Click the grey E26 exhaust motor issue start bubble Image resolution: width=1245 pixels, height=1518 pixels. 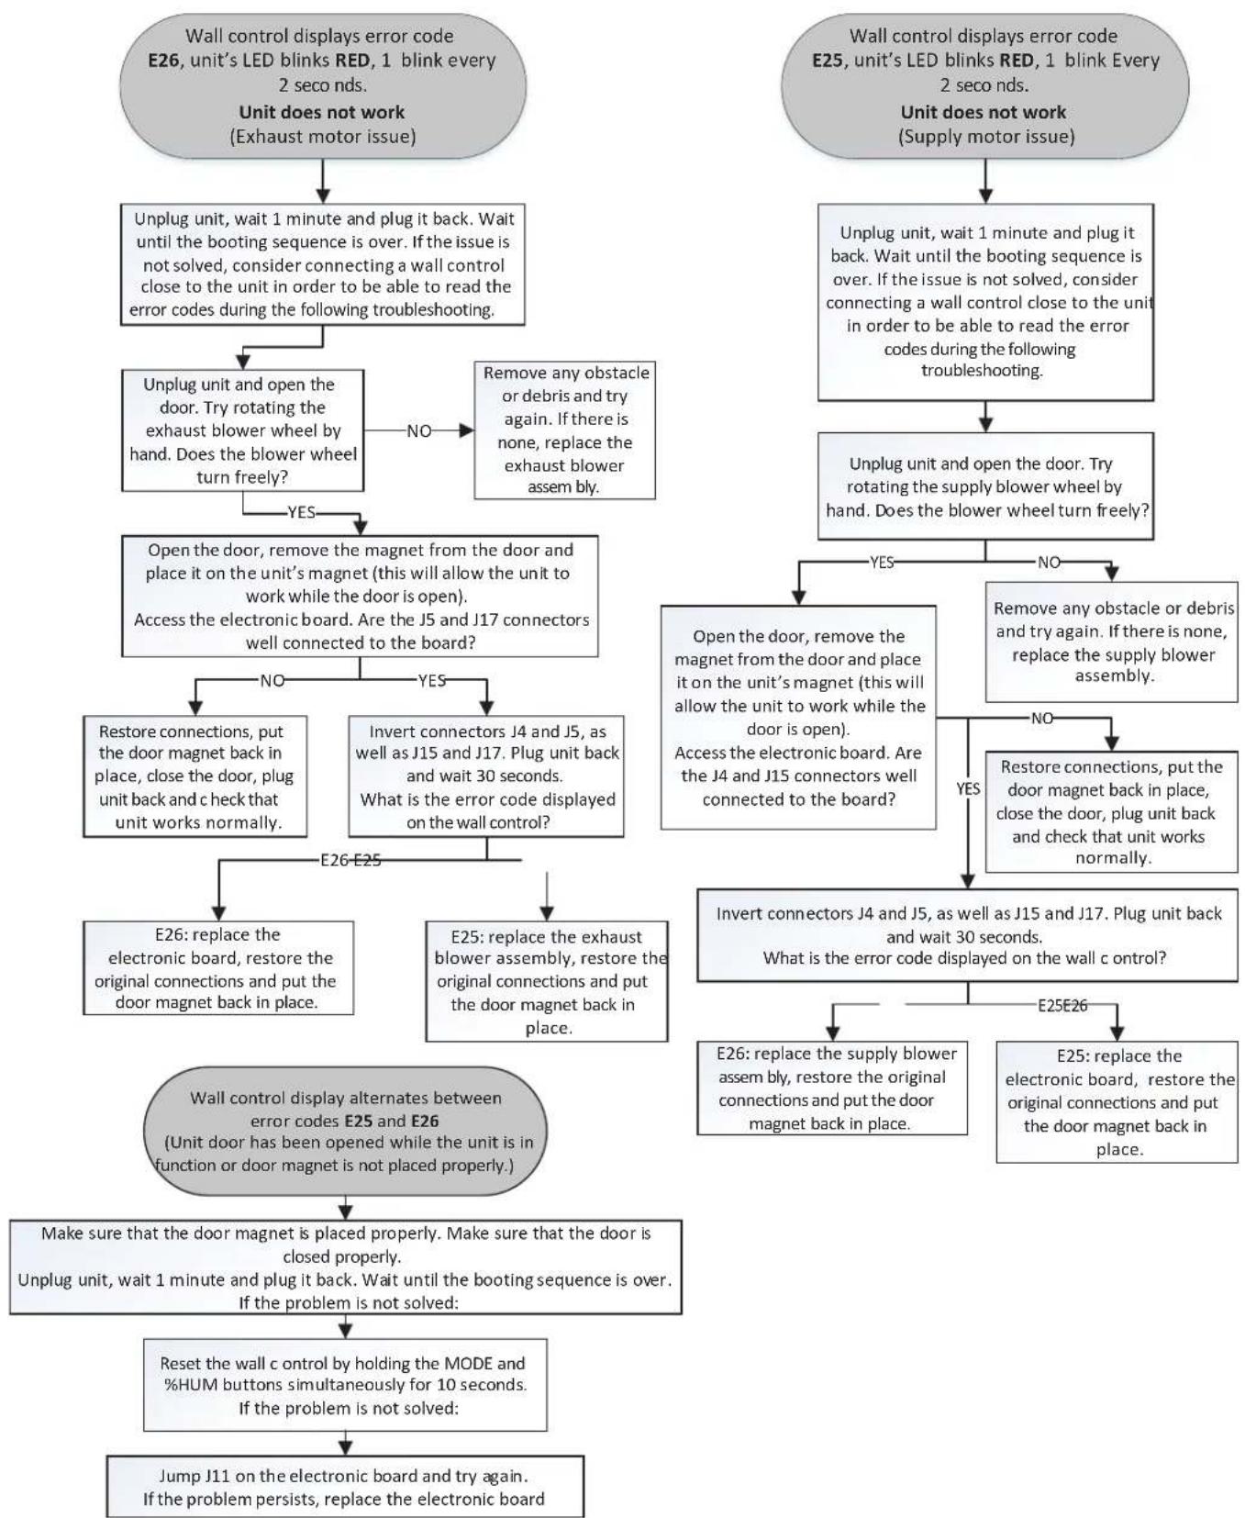click(x=323, y=85)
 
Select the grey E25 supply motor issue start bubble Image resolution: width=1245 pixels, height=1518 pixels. click(x=984, y=85)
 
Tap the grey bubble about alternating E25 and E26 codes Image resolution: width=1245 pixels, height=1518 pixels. click(x=345, y=1131)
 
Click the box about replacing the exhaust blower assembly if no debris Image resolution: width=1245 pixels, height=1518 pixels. click(x=564, y=430)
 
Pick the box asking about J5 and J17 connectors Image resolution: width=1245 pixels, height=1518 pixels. click(x=360, y=596)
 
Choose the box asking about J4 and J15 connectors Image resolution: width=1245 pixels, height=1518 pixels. click(x=798, y=717)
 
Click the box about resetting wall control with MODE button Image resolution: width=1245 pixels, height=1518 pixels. click(x=345, y=1385)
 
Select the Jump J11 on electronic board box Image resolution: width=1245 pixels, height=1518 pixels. click(x=345, y=1486)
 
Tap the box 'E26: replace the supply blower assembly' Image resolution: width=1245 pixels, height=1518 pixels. click(x=832, y=1088)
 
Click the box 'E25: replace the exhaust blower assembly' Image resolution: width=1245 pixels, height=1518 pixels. click(x=547, y=981)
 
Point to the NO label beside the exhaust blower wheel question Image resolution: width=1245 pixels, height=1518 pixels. click(x=419, y=430)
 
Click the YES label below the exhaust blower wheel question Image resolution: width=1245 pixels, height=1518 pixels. click(x=301, y=512)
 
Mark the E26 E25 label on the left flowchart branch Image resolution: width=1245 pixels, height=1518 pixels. click(x=350, y=860)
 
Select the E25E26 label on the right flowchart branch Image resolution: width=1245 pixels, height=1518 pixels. click(x=1062, y=1005)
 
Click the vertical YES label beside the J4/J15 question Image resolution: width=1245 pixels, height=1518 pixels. click(x=968, y=788)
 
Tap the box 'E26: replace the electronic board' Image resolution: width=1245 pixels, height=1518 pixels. click(x=218, y=967)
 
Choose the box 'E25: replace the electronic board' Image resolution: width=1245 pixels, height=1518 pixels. click(x=1117, y=1101)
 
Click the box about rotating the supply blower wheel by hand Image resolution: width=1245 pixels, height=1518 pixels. click(x=985, y=486)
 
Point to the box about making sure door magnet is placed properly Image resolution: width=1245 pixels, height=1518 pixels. click(x=345, y=1267)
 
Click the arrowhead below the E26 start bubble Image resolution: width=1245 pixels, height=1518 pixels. click(x=323, y=195)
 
